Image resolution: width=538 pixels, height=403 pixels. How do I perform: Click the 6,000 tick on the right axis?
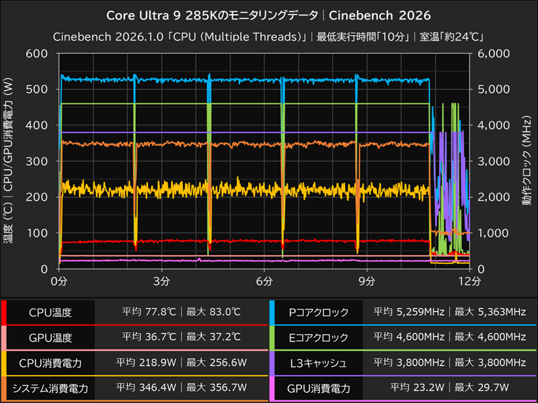(x=492, y=54)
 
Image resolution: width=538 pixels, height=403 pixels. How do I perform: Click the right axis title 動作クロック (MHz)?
(x=525, y=161)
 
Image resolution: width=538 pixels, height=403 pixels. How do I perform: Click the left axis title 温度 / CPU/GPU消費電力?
(x=9, y=161)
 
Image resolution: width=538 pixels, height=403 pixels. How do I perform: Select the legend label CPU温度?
(x=50, y=312)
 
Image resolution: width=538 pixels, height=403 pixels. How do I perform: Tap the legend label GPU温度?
(x=50, y=337)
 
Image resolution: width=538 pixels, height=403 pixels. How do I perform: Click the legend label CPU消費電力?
(x=50, y=363)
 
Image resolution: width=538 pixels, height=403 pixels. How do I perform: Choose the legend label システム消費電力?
(x=50, y=388)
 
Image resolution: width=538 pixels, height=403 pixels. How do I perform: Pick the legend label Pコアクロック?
(x=318, y=312)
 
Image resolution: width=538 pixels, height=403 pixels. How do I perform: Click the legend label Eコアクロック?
(x=318, y=337)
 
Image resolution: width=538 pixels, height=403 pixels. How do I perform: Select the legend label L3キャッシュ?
(x=318, y=363)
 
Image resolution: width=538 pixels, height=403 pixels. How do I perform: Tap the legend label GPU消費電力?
(x=318, y=388)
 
